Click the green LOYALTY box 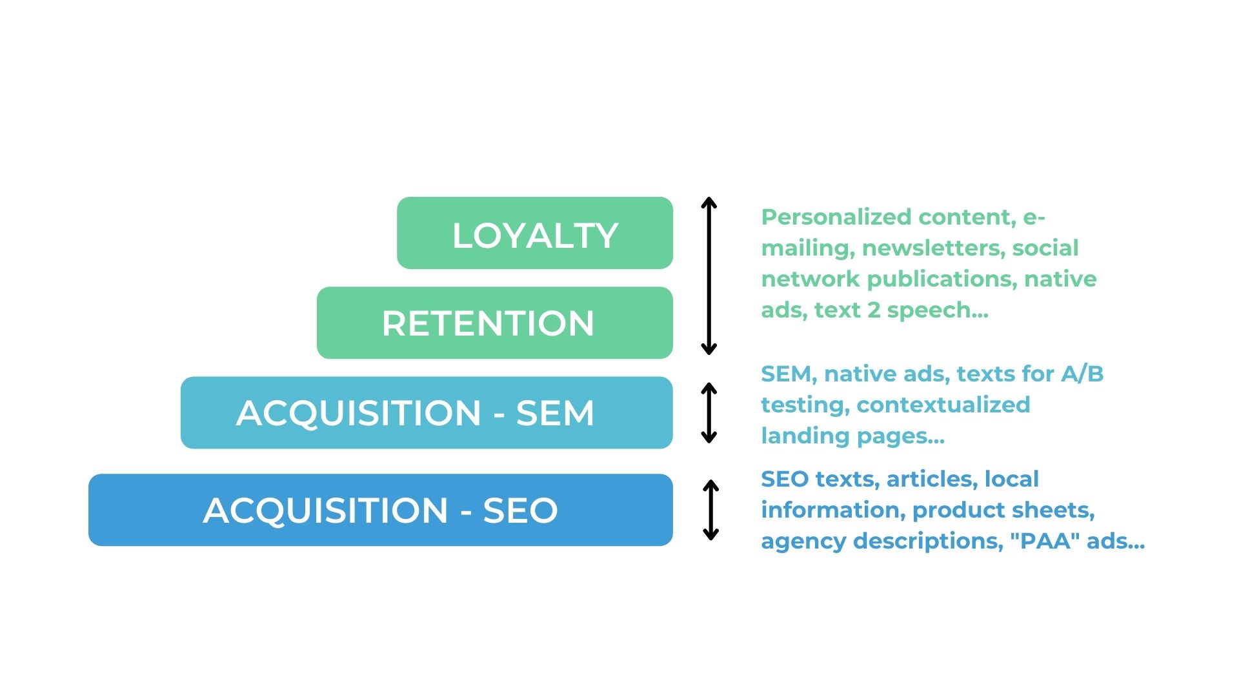[534, 233]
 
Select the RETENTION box [494, 323]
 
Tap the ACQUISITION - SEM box [426, 412]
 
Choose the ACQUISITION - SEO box [380, 510]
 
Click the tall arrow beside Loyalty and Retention [709, 276]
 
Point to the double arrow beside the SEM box [709, 412]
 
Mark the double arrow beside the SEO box [710, 510]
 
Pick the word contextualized [943, 405]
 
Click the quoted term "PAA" [1045, 541]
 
